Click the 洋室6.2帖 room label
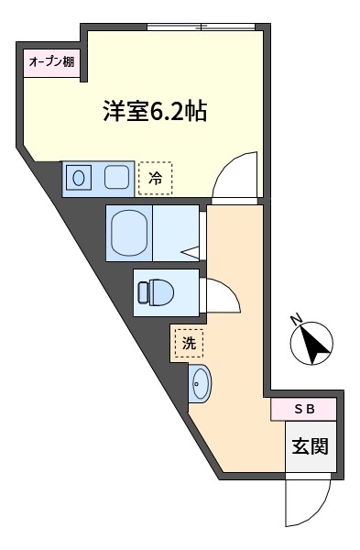point(155,111)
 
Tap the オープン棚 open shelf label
point(51,62)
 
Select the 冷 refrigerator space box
point(156,178)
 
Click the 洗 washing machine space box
point(189,343)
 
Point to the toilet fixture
point(157,292)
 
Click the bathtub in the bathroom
point(129,233)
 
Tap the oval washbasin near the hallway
point(201,383)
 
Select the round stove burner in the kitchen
point(79,178)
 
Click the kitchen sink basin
point(116,177)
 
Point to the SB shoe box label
point(304,409)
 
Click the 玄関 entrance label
point(311,446)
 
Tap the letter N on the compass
point(297,320)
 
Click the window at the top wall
point(202,27)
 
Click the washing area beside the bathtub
point(176,233)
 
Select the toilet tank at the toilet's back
point(143,292)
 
